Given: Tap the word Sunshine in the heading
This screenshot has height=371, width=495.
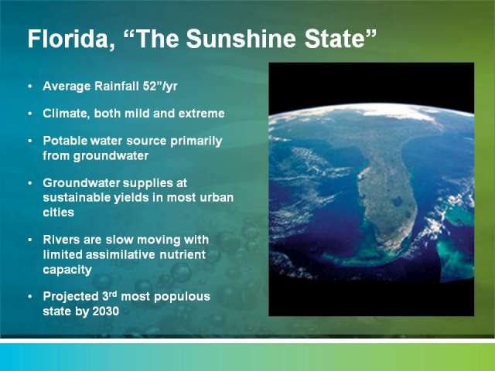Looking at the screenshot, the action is coord(241,39).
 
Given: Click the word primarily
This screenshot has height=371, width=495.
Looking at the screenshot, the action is coord(196,141).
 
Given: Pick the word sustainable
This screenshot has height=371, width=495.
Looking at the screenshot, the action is coord(77,198).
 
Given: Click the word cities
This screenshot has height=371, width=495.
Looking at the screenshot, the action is coord(59,212).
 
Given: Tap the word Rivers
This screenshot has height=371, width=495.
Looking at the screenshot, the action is coord(61,240).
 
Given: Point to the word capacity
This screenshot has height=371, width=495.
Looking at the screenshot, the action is coord(67,270).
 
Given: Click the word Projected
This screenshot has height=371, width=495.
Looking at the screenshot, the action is coord(70,297).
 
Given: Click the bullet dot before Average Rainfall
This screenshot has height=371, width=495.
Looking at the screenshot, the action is coord(30,86).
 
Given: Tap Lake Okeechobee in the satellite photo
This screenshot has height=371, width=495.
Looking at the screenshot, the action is coord(397,201).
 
